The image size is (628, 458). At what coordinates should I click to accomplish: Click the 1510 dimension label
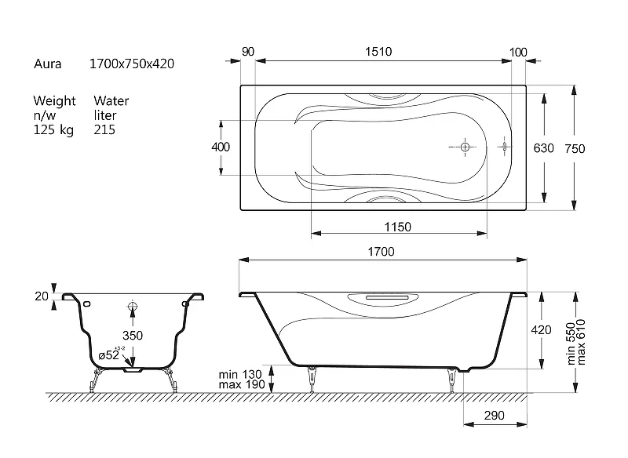tap(378, 52)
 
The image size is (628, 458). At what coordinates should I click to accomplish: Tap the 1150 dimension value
tap(398, 227)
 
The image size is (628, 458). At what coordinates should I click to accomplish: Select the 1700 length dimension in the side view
tap(381, 252)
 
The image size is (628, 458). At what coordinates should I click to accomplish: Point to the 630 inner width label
tap(543, 148)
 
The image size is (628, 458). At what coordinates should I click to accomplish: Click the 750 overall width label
tap(575, 149)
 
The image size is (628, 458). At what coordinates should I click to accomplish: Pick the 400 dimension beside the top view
tap(221, 147)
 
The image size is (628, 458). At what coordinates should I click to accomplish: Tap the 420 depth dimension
tap(541, 330)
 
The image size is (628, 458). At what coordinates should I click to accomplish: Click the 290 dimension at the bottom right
tap(495, 416)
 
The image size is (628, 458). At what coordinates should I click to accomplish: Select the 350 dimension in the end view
tap(133, 335)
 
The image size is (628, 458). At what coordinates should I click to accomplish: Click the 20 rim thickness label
tap(42, 296)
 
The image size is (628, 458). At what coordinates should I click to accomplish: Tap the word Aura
tap(48, 64)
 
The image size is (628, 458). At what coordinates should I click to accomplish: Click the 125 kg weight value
tap(53, 130)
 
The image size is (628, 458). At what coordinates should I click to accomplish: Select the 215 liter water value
tap(104, 129)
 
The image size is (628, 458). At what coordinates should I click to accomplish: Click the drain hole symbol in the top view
tap(465, 147)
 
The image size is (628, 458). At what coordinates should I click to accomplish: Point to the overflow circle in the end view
tap(133, 307)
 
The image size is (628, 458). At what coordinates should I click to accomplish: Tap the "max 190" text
tap(242, 385)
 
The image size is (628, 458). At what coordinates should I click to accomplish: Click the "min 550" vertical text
tap(571, 343)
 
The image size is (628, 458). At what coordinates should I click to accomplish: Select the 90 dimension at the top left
tap(248, 52)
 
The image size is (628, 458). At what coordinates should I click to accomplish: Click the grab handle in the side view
tap(388, 298)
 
